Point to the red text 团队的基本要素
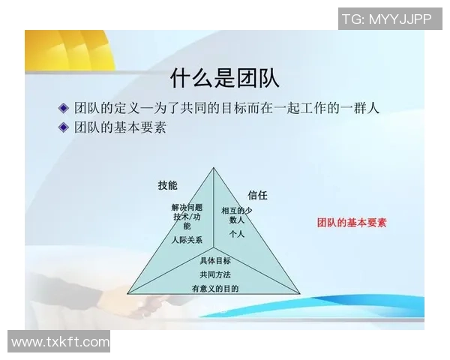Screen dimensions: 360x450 coord(352,223)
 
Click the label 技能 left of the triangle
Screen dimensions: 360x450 coord(167,185)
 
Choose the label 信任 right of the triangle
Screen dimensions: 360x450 coord(258,195)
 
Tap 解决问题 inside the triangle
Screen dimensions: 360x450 coord(187,207)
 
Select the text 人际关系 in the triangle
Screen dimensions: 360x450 coord(186,240)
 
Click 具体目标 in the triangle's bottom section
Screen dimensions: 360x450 coord(215,261)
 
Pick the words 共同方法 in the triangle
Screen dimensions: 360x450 coord(215,274)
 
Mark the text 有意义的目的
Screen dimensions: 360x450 coord(215,289)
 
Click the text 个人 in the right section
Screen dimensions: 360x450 coord(237,234)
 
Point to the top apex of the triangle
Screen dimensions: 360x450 coord(214,168)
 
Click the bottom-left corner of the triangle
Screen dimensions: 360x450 coord(128,292)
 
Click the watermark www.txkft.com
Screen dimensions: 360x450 coord(61,342)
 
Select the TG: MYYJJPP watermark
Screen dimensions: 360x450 coord(386,19)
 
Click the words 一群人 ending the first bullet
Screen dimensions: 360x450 coord(358,107)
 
